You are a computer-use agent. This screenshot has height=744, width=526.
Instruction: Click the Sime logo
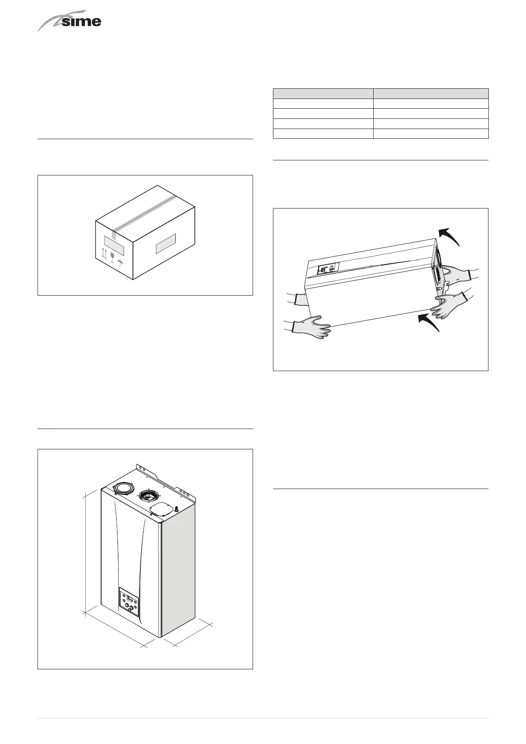click(70, 22)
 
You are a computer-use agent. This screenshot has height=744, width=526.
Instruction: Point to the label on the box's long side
click(166, 243)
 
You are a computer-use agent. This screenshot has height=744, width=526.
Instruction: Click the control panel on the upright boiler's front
click(129, 602)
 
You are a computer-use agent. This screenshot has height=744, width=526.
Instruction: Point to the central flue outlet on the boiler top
click(149, 495)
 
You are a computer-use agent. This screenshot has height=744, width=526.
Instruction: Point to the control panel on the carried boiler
click(328, 268)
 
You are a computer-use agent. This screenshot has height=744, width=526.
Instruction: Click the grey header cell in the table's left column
click(323, 93)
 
